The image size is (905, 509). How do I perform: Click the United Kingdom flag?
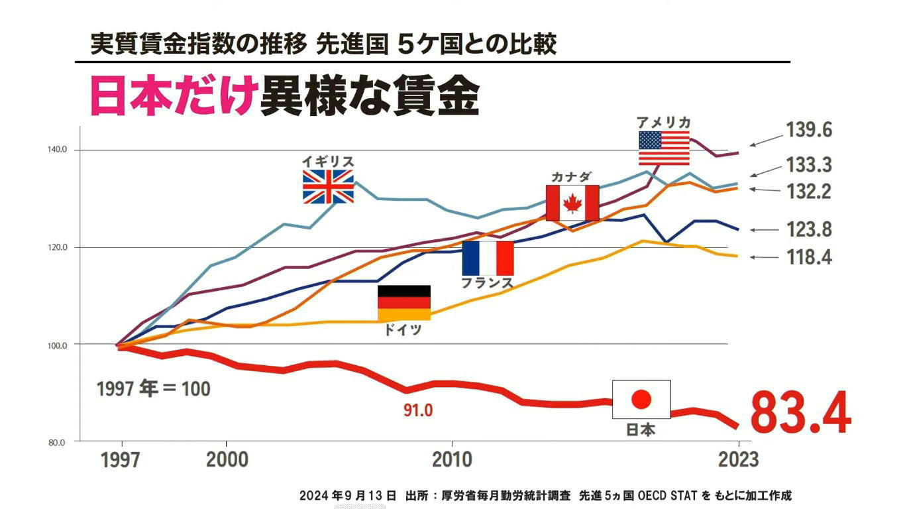(x=328, y=186)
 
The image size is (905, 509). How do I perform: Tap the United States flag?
(x=664, y=148)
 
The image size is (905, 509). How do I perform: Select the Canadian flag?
(x=572, y=203)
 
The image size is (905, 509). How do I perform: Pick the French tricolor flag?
(x=488, y=258)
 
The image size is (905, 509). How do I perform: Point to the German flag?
(x=404, y=303)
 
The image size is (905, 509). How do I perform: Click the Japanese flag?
(x=641, y=399)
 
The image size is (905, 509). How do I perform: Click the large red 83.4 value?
(x=800, y=412)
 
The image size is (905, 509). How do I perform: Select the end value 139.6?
(x=809, y=130)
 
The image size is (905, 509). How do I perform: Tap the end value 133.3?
(x=809, y=164)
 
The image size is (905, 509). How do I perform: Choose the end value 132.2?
(x=809, y=192)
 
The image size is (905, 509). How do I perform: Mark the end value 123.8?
(x=809, y=230)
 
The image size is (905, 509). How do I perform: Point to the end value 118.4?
(x=809, y=257)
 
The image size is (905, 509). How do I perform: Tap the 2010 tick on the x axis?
(x=452, y=460)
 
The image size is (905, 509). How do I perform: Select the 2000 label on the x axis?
(x=227, y=460)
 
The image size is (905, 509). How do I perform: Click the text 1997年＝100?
(x=153, y=388)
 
